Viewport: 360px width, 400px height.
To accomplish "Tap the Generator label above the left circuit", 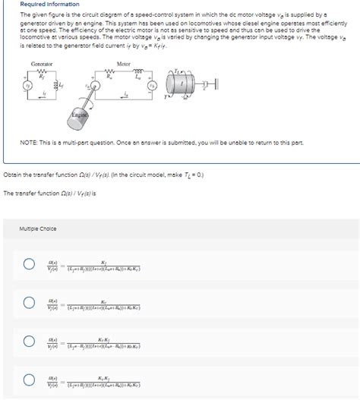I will (41, 63).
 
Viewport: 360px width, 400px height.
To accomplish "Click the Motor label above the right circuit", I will (125, 63).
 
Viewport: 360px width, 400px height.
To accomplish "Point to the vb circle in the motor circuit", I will (152, 85).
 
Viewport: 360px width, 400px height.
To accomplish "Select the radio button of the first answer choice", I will (29, 264).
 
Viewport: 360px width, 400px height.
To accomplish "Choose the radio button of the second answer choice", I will (29, 303).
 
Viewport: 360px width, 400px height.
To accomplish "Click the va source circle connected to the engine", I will (97, 86).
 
